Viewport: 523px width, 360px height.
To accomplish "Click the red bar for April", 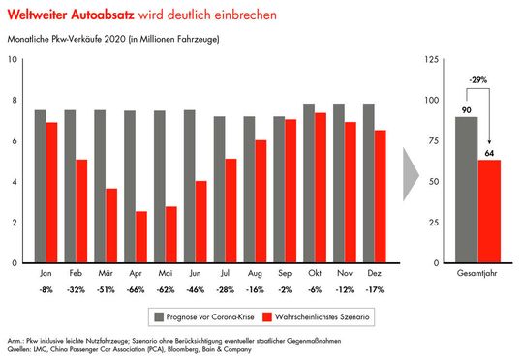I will (141, 237).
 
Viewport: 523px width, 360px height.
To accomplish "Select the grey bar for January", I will (41, 186).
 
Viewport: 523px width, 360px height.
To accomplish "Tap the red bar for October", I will (319, 188).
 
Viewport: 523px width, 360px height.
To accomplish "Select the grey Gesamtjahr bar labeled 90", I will (467, 190).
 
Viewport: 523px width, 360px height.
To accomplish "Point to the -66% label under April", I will (136, 289).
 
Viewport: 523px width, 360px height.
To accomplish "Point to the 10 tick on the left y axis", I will (14, 59).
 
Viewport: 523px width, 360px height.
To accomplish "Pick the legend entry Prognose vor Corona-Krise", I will (204, 316).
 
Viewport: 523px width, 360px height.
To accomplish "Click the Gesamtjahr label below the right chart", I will (478, 275).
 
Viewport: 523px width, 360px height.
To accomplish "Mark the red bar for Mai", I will (170, 234).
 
